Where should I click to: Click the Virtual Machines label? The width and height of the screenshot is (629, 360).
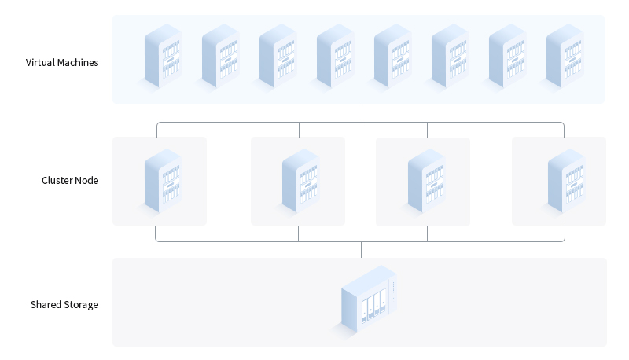(62, 62)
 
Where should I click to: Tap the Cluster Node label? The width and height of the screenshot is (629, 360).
(70, 180)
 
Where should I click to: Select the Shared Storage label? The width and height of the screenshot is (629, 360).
(64, 304)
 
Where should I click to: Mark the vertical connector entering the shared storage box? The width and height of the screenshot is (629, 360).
(362, 250)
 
